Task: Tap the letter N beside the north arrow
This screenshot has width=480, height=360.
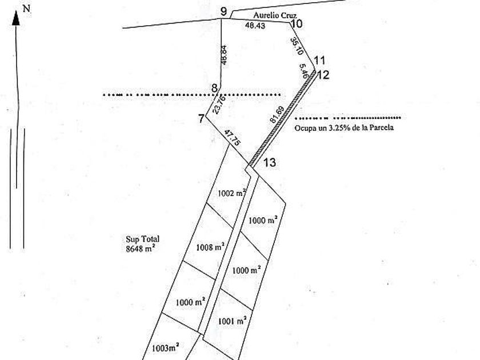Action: (26, 8)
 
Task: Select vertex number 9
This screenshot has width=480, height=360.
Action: (223, 11)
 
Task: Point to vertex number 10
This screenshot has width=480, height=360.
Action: (296, 24)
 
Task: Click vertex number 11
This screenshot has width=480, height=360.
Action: (319, 61)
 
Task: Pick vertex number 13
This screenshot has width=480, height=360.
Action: (270, 163)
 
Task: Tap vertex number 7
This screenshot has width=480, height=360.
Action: (201, 119)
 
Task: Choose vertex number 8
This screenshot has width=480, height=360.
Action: (214, 88)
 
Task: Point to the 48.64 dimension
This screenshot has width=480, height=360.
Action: (224, 55)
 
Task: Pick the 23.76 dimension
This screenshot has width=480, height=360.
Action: (219, 105)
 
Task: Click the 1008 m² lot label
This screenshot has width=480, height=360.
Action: (210, 247)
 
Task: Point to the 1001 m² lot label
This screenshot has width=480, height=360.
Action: (232, 321)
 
